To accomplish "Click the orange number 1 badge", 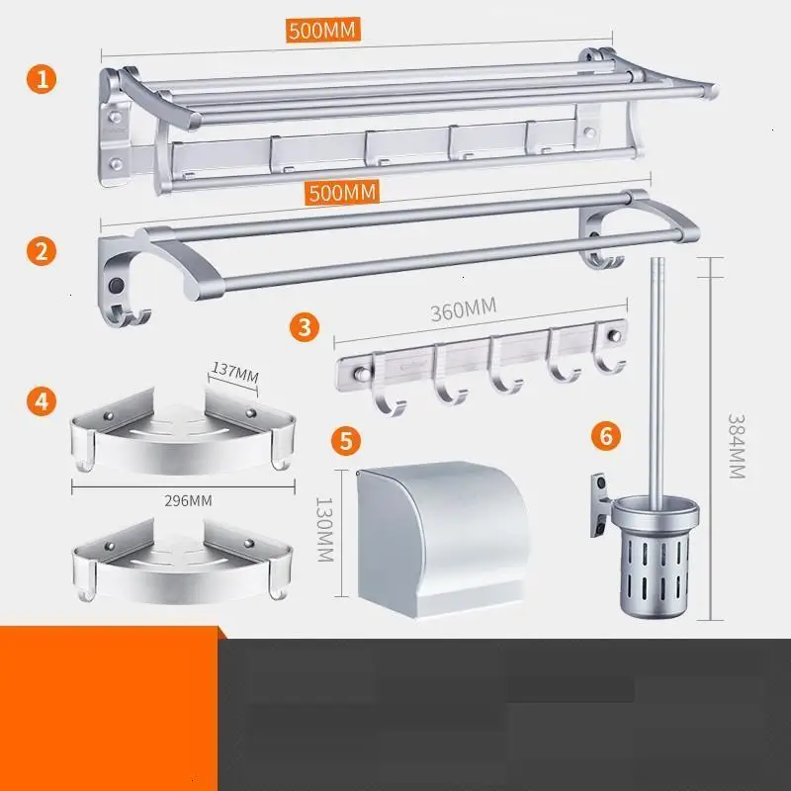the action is [x=42, y=79].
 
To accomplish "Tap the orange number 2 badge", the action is [x=42, y=251].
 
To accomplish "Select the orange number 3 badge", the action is [x=305, y=327].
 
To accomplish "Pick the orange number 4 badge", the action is [x=42, y=401].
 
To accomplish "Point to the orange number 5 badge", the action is [x=346, y=440].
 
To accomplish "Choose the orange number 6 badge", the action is [x=606, y=435].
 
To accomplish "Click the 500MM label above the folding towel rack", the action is [x=323, y=30].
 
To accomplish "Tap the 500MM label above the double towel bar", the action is [x=342, y=192].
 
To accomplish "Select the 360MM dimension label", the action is [x=463, y=309].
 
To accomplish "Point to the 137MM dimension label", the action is [x=234, y=373].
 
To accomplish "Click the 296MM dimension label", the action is [x=188, y=501].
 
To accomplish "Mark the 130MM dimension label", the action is [x=324, y=530].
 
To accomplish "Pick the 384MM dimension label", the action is [x=737, y=447].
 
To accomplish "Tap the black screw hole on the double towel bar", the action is [x=117, y=286].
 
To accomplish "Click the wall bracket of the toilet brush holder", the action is [x=600, y=505].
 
